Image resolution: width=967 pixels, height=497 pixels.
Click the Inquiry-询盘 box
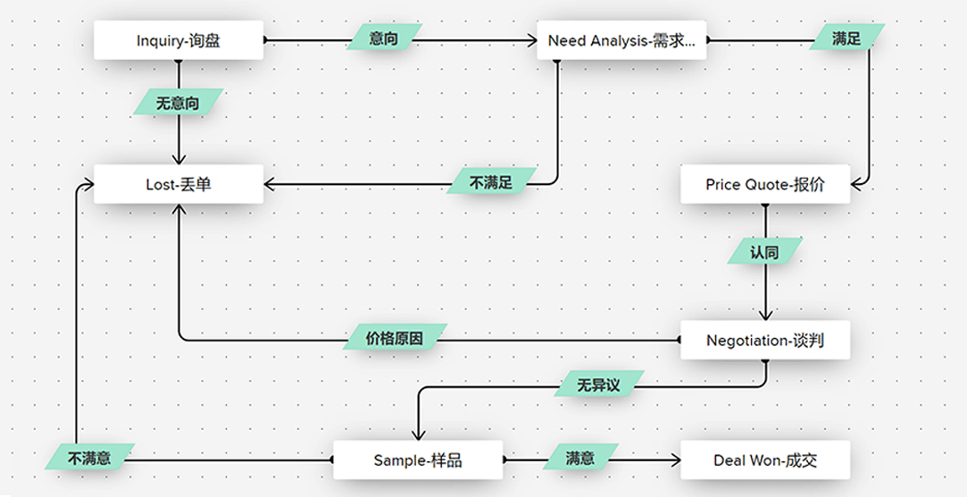(179, 40)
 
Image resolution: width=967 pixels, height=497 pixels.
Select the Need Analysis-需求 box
(621, 40)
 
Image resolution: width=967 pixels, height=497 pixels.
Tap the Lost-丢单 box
(179, 184)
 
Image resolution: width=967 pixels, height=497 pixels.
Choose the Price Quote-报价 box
(765, 184)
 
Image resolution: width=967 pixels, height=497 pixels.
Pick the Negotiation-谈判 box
(765, 341)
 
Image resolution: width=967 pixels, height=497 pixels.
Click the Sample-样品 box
(418, 460)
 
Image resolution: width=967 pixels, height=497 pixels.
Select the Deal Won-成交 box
(765, 460)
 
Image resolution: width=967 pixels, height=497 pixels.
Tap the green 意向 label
(384, 39)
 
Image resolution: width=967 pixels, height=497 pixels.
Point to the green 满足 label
(846, 39)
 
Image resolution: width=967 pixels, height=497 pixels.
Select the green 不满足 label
(492, 183)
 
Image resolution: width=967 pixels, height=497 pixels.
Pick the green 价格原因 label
(395, 340)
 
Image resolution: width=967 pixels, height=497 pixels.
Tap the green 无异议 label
(598, 385)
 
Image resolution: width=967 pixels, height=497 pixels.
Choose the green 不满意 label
(89, 459)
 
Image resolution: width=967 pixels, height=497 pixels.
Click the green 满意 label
(580, 459)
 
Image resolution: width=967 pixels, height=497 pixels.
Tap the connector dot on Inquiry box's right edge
(264, 40)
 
